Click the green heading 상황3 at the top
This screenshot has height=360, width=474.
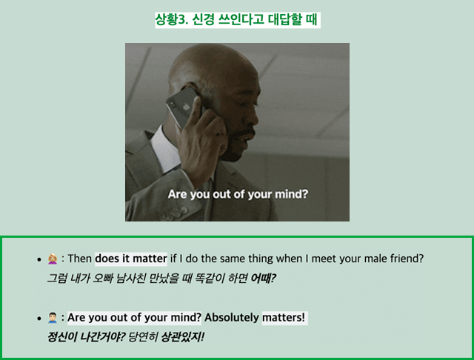(238, 20)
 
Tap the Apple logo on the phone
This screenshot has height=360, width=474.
(186, 107)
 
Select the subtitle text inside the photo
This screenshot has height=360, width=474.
(238, 194)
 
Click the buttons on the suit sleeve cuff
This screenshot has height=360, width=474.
(175, 213)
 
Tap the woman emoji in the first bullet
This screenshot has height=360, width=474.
(53, 259)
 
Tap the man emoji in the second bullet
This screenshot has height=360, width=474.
(53, 318)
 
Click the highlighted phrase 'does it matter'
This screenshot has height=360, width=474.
(131, 259)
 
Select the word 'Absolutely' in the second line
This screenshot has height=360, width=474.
(232, 318)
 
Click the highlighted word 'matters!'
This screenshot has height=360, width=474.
(284, 318)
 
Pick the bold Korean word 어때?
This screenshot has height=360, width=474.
(264, 278)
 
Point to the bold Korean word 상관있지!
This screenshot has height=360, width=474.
(183, 337)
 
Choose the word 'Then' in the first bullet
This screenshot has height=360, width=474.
(79, 259)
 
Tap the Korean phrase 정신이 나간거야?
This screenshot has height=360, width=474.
(86, 337)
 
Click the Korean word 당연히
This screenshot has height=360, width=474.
(143, 337)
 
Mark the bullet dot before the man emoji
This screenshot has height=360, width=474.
(39, 319)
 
